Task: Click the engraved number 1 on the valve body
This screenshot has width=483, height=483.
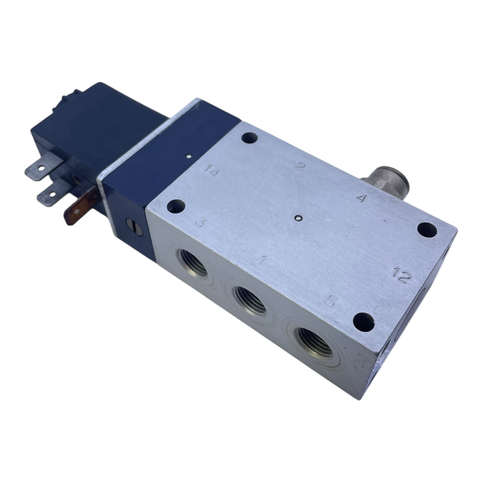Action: (x=265, y=260)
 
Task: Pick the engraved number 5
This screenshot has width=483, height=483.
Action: (x=330, y=301)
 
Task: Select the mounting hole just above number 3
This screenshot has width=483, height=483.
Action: (x=176, y=206)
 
